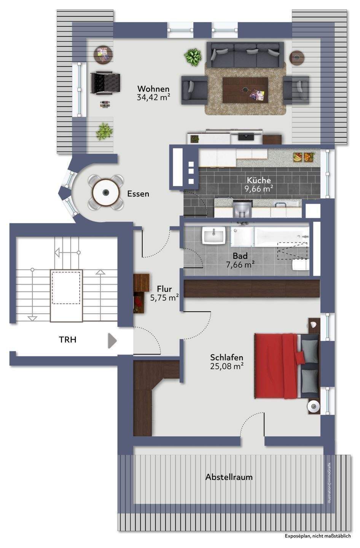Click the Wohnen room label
tap(153, 89)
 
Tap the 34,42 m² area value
tap(153, 97)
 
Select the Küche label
tap(259, 180)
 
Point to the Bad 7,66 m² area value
tap(240, 264)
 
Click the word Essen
tap(138, 194)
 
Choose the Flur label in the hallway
tap(164, 289)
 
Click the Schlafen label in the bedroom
tap(227, 357)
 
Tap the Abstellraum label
tap(229, 477)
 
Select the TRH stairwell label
tap(67, 339)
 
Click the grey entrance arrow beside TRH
tap(112, 341)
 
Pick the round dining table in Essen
tap(106, 192)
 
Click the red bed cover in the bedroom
tap(276, 366)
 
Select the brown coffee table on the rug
tap(245, 90)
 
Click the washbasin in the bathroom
tap(214, 235)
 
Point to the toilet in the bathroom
tap(301, 265)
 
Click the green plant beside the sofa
tap(193, 57)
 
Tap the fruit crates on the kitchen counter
tap(304, 157)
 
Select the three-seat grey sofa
tap(245, 55)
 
